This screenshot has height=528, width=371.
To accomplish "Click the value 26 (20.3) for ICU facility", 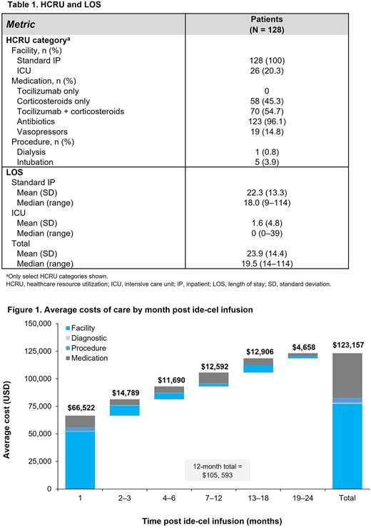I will [x=278, y=71].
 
